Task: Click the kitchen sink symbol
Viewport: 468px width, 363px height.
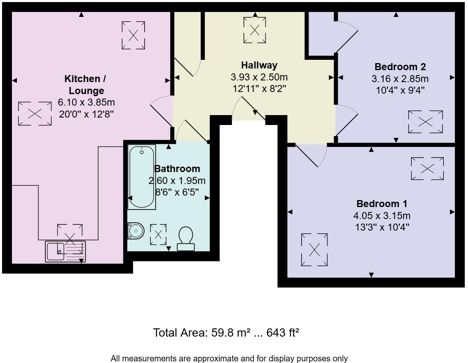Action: coord(66,251)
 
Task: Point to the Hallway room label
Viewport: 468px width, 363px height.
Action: coord(259,65)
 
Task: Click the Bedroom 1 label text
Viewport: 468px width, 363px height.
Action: coord(382,204)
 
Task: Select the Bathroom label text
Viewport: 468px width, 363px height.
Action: coord(177,169)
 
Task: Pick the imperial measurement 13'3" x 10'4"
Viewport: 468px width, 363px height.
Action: coord(382,227)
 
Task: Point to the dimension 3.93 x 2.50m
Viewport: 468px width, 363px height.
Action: coord(259,77)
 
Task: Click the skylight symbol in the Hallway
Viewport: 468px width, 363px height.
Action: coord(255,30)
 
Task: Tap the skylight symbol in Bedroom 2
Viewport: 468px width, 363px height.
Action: coord(425,122)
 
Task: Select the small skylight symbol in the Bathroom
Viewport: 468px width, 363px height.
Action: coord(158,234)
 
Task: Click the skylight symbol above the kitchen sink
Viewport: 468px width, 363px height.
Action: coord(70,234)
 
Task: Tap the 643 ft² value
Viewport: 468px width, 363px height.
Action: coord(283,333)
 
